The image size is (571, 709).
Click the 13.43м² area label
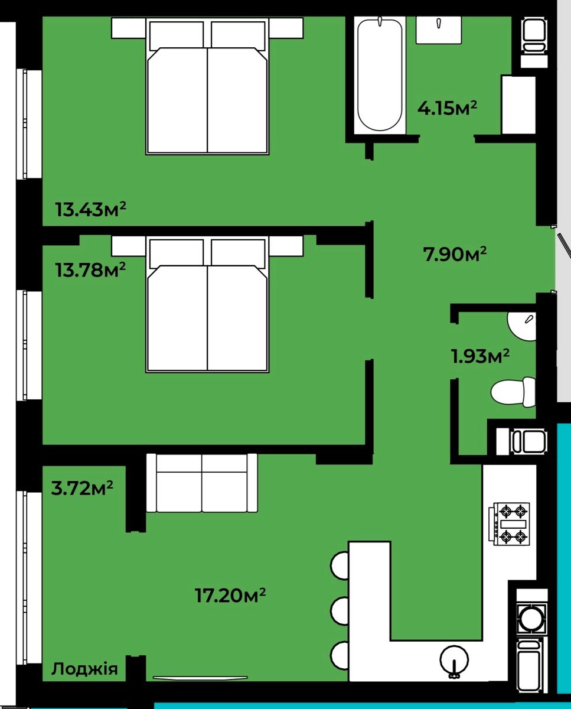click(91, 209)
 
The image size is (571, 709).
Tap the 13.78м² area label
click(91, 269)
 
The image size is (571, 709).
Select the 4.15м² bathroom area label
click(447, 108)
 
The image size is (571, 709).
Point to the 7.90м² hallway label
click(455, 254)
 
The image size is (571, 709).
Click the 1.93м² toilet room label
click(480, 356)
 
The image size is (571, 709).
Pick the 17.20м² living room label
click(230, 596)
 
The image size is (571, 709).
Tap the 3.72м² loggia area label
click(82, 487)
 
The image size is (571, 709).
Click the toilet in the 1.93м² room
click(513, 392)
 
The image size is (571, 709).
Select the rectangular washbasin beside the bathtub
click(439, 30)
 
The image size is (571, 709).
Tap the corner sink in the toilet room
click(521, 327)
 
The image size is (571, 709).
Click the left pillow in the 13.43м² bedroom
click(177, 35)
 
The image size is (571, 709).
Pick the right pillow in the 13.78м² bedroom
click(238, 253)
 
